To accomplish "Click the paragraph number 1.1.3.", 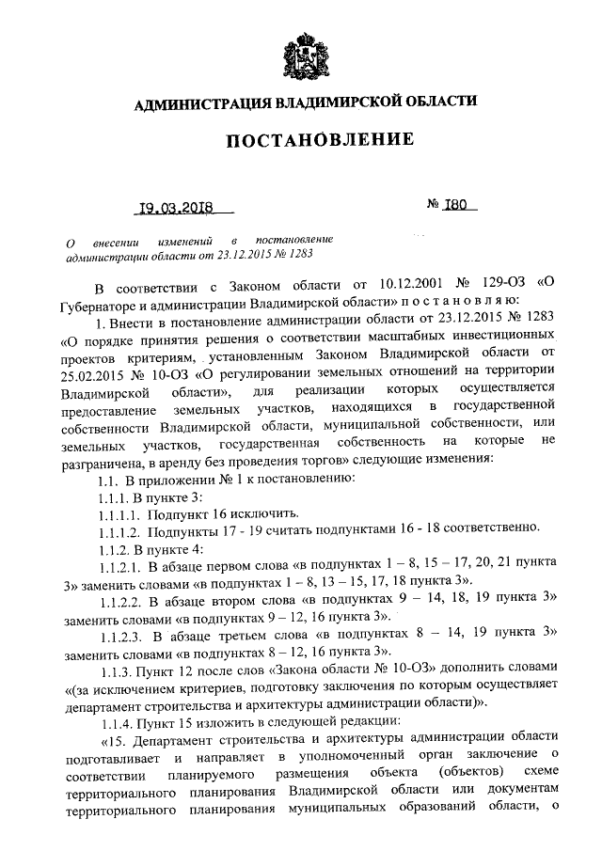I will (116, 670).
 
